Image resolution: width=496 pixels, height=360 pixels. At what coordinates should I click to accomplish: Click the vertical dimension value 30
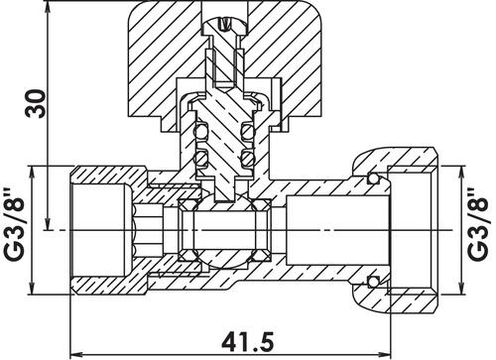[x=36, y=103]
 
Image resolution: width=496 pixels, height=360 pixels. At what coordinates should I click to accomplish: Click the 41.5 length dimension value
[x=248, y=342]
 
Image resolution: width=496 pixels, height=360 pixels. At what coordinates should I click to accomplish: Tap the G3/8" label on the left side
[x=14, y=224]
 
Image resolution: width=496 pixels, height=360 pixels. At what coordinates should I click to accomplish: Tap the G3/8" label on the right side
[x=478, y=224]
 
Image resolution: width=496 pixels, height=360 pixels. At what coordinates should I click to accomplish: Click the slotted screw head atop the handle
[x=225, y=26]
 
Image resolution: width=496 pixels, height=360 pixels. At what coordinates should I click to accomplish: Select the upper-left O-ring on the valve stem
[x=200, y=132]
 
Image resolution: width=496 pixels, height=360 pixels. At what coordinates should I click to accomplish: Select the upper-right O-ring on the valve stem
[x=248, y=132]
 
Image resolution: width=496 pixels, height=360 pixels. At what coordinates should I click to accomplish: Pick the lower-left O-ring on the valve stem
[x=200, y=157]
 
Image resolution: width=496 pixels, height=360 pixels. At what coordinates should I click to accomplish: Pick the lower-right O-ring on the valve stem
[x=248, y=157]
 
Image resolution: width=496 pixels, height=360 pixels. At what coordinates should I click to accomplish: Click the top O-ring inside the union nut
[x=374, y=179]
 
